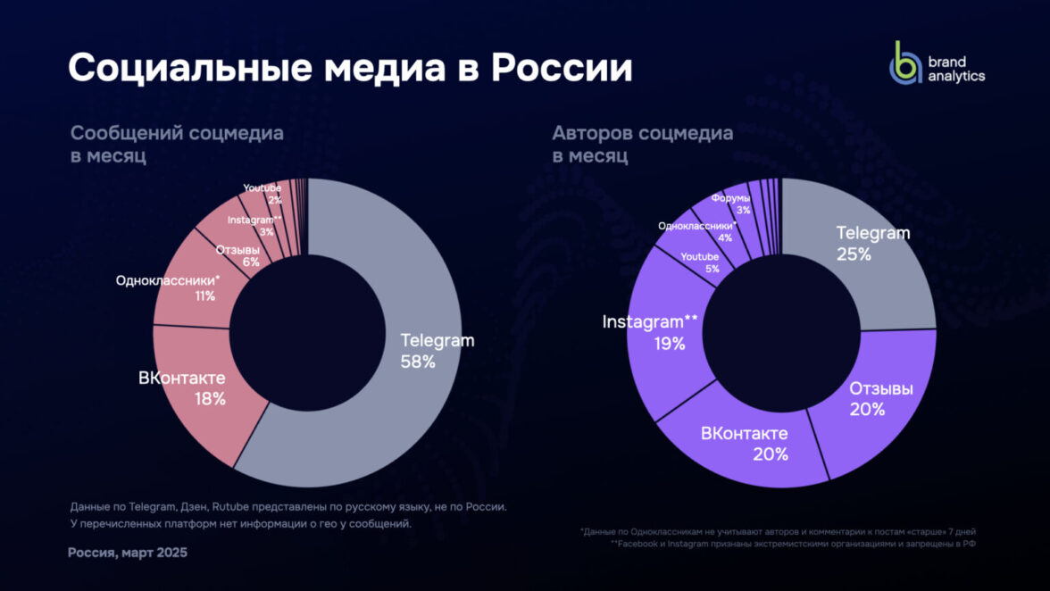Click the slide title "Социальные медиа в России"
point(350,69)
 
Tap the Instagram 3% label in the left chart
point(254,225)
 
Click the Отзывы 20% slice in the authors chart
point(879,399)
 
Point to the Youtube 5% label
point(699,262)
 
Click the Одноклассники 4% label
point(697,231)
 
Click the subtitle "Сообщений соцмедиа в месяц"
point(177,144)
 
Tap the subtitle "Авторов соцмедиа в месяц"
point(642,144)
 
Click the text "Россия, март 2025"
point(128,553)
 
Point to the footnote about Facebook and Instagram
point(793,543)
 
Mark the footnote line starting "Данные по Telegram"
point(287,506)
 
